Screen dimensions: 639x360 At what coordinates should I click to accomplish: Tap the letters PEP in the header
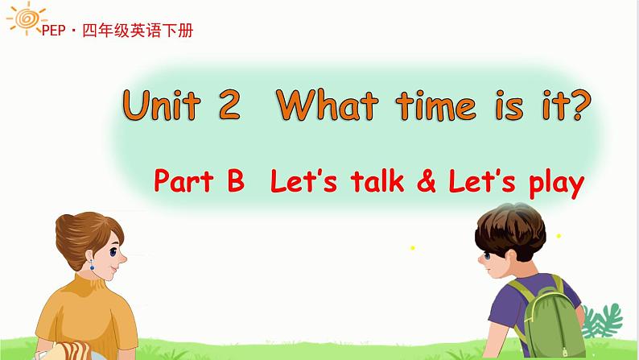53,30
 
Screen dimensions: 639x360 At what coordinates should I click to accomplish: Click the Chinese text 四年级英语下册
138,30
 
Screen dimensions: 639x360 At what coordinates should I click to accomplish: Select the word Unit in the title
162,105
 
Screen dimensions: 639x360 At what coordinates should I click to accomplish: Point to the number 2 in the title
229,105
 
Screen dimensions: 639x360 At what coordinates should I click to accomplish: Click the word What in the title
328,105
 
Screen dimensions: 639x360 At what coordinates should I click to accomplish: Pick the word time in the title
435,106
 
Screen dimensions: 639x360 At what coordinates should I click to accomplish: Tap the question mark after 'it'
579,105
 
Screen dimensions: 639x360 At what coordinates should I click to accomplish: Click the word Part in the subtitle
183,180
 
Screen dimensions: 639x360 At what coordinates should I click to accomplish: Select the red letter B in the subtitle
236,180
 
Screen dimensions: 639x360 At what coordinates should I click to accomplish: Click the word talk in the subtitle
377,180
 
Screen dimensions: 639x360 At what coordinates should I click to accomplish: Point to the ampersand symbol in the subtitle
427,181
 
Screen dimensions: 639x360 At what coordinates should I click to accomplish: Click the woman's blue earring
92,265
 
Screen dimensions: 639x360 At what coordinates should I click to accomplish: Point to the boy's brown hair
510,230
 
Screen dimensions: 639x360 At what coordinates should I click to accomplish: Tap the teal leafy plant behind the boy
602,321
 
